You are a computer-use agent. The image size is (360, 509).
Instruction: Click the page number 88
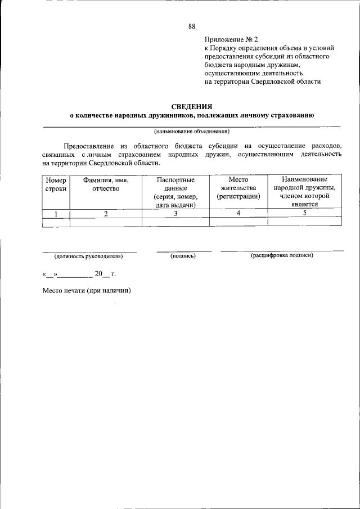coord(192,26)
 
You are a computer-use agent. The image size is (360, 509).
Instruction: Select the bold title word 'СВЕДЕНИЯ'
coord(192,106)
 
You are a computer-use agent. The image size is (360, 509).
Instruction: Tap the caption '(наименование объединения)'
coord(192,132)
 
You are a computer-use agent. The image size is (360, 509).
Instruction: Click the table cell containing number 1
coord(56,214)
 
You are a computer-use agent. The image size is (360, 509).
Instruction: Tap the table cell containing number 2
coord(106,214)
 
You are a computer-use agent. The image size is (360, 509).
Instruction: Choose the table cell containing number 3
coord(175,214)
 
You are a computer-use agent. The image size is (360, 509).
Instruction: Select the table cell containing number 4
coord(238,214)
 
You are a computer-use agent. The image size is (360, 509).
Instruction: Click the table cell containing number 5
coord(304,214)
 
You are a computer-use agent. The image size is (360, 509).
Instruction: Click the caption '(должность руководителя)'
coord(88,256)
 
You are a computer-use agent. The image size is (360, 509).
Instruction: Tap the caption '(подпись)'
coord(183,256)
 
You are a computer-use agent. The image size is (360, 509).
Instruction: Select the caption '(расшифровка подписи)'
coord(282,256)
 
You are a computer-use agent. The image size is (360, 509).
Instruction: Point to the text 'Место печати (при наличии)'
coord(87,291)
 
